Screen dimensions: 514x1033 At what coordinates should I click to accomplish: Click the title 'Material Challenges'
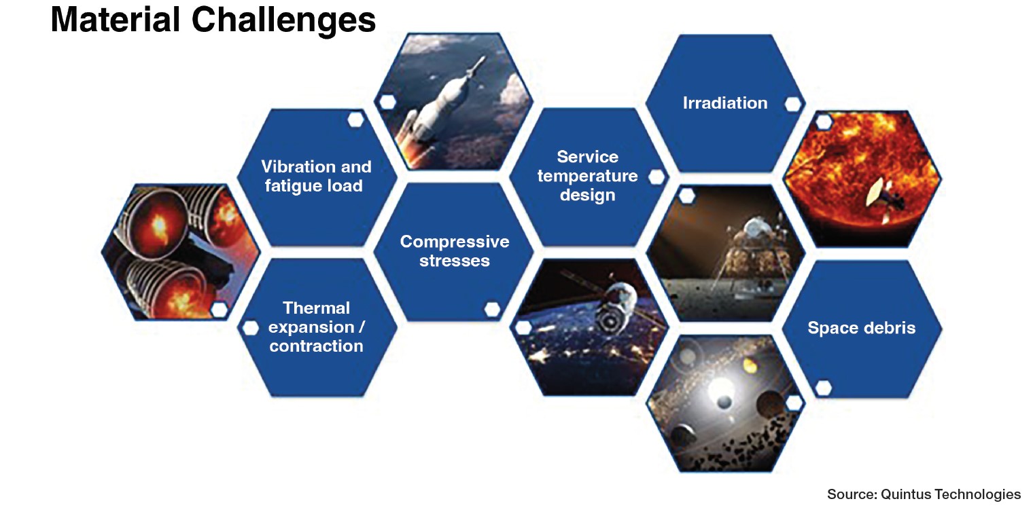(213, 20)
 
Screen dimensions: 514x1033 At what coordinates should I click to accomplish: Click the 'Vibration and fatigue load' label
(316, 176)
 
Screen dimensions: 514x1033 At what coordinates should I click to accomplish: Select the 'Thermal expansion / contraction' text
(316, 327)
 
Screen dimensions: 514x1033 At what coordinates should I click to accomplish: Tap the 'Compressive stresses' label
(454, 251)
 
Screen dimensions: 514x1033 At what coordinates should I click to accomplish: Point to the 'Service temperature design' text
(587, 176)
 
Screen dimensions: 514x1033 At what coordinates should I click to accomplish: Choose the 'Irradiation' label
(724, 103)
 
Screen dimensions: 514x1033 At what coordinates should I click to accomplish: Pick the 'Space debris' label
(861, 328)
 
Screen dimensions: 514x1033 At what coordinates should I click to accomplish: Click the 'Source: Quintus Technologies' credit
(923, 494)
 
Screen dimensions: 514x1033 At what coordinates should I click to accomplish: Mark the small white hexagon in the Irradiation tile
(792, 104)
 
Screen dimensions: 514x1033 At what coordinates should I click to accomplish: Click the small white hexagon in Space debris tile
(823, 388)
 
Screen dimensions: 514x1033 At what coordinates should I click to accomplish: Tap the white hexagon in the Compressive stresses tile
(493, 309)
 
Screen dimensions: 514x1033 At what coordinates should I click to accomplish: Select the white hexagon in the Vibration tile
(355, 120)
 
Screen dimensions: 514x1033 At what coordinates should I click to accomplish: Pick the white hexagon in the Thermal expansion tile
(251, 328)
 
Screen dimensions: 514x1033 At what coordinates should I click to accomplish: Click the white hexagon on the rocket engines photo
(219, 309)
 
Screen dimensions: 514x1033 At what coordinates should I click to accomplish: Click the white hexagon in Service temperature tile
(656, 177)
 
